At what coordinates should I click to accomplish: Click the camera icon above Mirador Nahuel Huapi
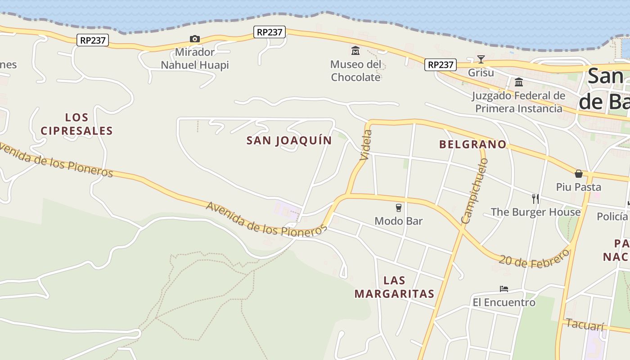(x=194, y=39)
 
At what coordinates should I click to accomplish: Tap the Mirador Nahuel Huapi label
(x=195, y=58)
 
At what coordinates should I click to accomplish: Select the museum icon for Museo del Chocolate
(x=355, y=50)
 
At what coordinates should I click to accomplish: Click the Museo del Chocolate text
(x=355, y=71)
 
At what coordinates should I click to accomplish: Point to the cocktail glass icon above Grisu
(x=481, y=59)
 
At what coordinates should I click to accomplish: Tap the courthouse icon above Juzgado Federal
(x=518, y=82)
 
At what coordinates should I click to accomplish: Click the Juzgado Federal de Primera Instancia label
(x=518, y=102)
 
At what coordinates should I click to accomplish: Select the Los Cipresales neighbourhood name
(x=76, y=124)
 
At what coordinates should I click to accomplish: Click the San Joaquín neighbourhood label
(x=289, y=140)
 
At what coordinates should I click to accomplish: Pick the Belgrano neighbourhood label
(x=472, y=144)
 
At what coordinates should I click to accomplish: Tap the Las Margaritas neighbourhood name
(x=394, y=287)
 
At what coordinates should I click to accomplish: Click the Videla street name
(x=366, y=145)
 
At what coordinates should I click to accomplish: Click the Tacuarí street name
(x=584, y=324)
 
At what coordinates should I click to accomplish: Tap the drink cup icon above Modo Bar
(x=398, y=207)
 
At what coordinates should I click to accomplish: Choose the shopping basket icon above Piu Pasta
(x=579, y=174)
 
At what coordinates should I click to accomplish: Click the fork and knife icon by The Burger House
(x=535, y=198)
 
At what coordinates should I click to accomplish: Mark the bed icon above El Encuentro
(x=504, y=289)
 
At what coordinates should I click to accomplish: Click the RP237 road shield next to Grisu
(x=440, y=65)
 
